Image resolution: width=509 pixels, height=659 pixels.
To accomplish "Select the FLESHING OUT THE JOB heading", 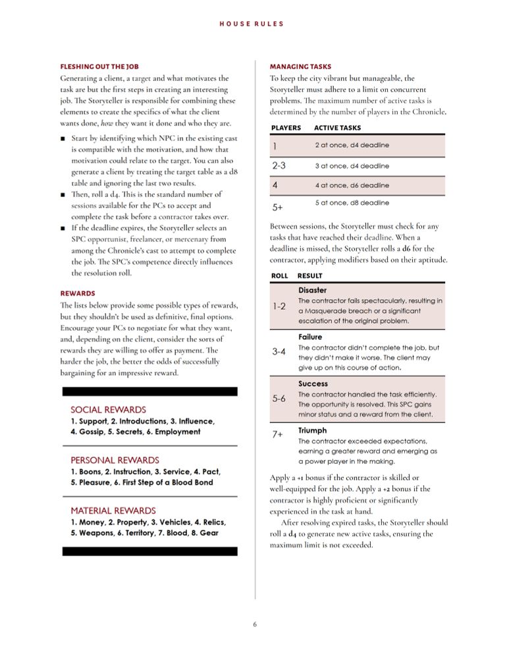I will point(99,67).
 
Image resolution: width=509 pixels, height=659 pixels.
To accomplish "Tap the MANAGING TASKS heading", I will point(300,67).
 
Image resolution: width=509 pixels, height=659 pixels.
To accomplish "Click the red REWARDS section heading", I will point(78,293).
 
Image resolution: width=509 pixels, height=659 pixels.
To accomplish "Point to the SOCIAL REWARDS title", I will point(108,409).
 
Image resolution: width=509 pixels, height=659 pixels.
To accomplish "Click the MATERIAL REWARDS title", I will point(113,510).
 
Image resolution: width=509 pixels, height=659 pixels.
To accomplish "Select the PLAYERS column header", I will point(286,128).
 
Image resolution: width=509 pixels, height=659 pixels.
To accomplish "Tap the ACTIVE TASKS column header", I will point(337,128).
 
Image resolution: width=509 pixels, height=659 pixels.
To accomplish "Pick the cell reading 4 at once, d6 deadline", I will point(352,185).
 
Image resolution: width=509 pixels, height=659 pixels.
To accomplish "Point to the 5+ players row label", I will point(277,207).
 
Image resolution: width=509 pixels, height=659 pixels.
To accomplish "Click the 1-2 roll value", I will point(279,306).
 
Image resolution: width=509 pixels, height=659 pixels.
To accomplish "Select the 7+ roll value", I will point(278,436).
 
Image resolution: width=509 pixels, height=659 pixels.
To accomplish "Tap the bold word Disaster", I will point(312,290).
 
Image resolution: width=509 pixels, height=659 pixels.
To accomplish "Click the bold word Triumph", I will point(312,430).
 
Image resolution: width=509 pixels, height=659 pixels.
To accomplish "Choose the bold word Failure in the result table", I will point(310,337).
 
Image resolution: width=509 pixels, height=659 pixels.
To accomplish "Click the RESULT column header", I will point(309,275).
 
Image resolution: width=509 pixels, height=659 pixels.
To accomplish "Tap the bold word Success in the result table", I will point(313,384).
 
